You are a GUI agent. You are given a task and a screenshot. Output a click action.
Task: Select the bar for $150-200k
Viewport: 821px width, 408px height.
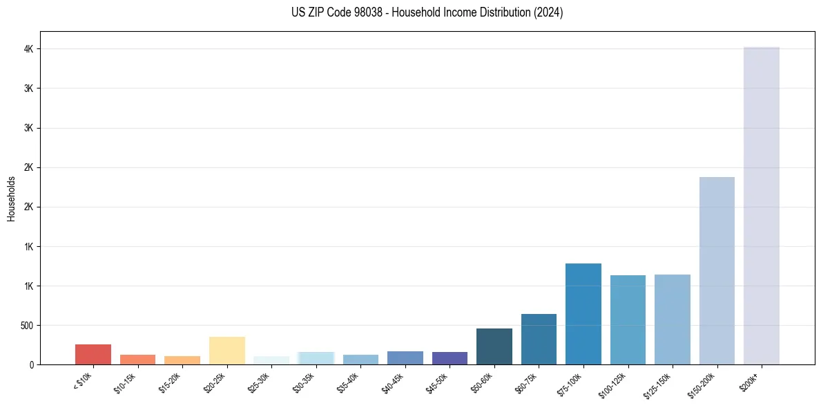[x=717, y=270]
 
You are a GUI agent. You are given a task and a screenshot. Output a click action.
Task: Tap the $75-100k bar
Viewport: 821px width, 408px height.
[x=583, y=314]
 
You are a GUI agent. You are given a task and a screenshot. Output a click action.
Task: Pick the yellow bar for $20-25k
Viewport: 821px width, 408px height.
[x=226, y=351]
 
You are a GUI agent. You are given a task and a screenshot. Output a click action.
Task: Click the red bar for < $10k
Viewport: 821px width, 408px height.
[x=93, y=354]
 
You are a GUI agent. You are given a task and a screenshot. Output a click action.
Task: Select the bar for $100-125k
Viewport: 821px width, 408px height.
[x=628, y=319]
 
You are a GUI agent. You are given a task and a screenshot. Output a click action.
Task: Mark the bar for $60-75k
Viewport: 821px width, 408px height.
[x=539, y=339]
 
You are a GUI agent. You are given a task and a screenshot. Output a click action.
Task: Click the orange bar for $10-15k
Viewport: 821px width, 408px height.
[x=137, y=360]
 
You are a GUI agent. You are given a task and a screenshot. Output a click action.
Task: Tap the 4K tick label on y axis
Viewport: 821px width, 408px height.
[x=29, y=49]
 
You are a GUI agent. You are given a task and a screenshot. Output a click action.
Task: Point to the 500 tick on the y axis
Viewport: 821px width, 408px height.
[x=26, y=325]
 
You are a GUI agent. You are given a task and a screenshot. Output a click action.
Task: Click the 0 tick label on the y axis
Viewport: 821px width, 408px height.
[x=32, y=364]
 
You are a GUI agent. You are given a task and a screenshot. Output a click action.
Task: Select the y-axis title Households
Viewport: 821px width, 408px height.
[x=12, y=198]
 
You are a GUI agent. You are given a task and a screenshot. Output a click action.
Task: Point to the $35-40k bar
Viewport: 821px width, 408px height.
[x=360, y=360]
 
